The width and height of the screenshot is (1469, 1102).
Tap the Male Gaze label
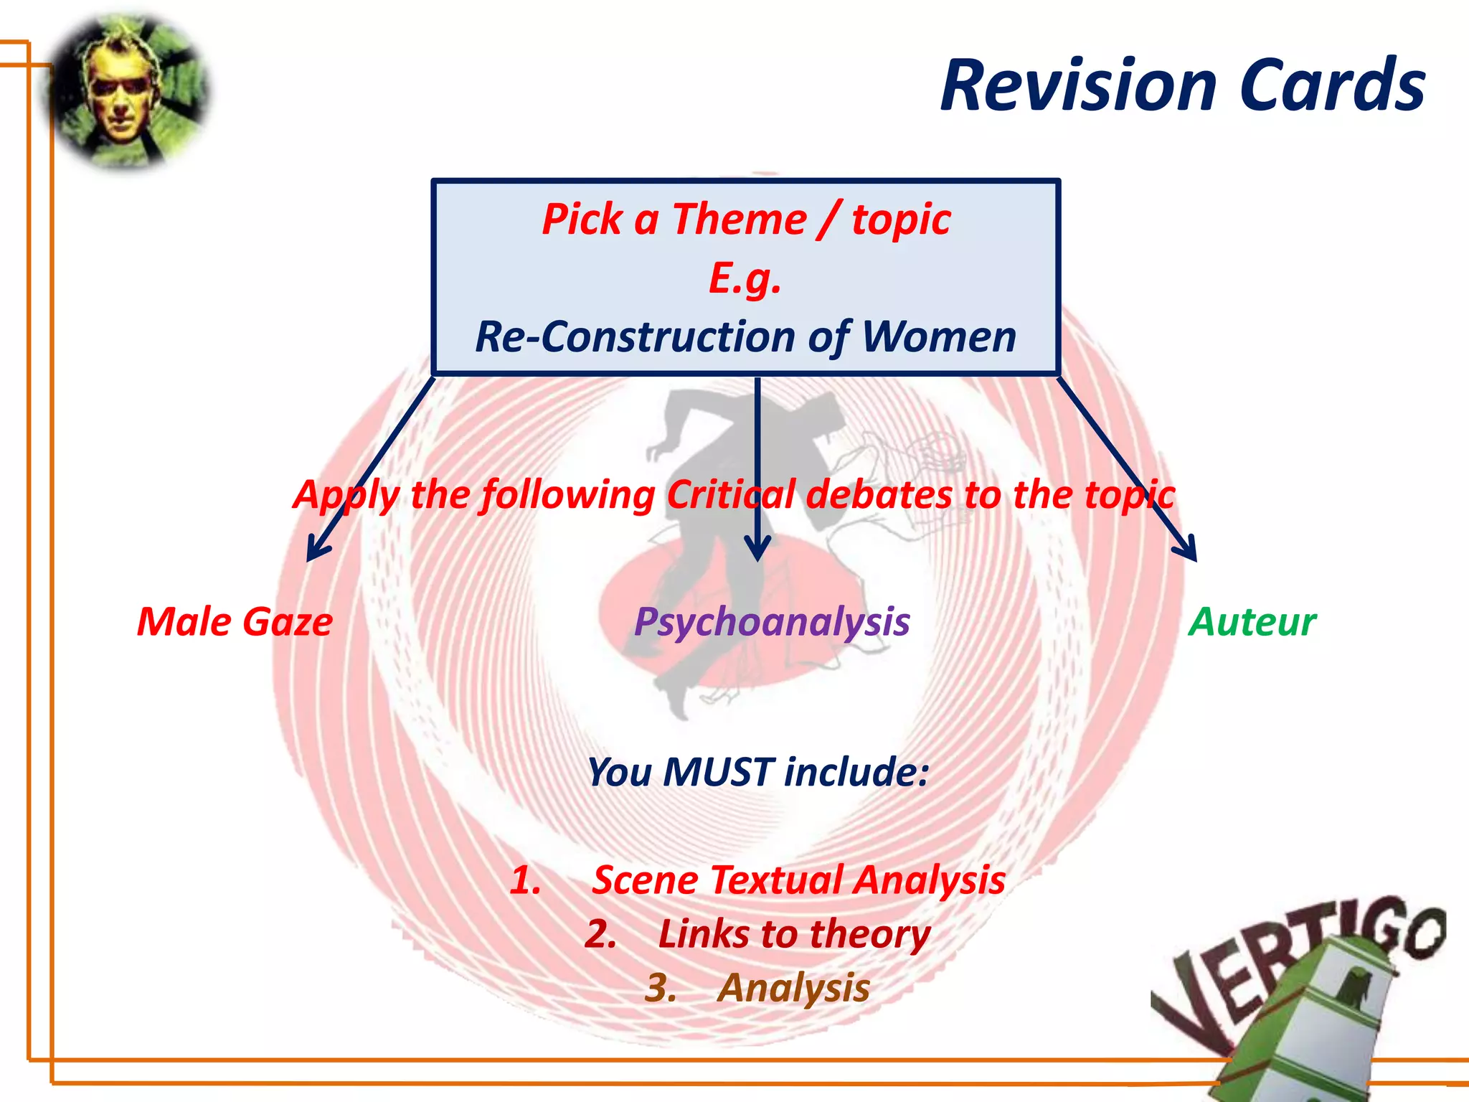(235, 621)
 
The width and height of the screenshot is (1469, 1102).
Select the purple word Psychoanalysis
(772, 621)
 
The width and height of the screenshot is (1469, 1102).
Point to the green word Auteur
(1252, 621)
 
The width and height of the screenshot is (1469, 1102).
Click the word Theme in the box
(739, 219)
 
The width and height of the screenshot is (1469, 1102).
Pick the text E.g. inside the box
(745, 278)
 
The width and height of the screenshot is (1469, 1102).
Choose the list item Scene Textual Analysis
(798, 880)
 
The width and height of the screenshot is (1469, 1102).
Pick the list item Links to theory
(793, 934)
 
